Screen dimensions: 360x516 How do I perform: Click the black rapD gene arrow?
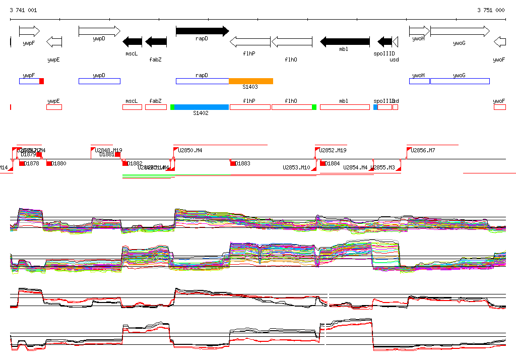coord(202,31)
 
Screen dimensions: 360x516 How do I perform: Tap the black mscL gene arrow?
coord(133,41)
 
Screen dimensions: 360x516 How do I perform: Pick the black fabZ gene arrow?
coord(156,41)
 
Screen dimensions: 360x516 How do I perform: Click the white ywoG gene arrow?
coord(460,31)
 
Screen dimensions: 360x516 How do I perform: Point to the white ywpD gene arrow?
coord(99,31)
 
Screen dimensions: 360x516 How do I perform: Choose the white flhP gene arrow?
coord(250,41)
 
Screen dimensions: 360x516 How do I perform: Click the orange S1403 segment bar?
coord(251,81)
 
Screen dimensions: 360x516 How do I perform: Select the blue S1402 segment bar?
coord(201,107)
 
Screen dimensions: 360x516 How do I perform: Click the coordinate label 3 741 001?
coord(23,10)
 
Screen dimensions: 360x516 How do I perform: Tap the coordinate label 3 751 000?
coord(491,10)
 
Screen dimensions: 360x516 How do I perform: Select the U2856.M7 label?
coord(423,150)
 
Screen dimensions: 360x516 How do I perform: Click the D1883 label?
coord(243,163)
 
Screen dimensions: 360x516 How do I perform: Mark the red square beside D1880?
coord(49,163)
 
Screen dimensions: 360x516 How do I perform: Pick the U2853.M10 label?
coord(296,167)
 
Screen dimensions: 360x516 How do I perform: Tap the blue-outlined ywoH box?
coord(419,81)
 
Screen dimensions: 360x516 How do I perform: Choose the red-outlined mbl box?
coord(345,107)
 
